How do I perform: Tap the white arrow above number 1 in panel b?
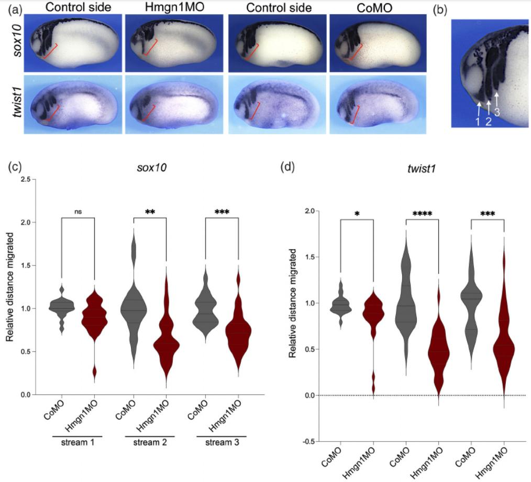pyautogui.click(x=479, y=108)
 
